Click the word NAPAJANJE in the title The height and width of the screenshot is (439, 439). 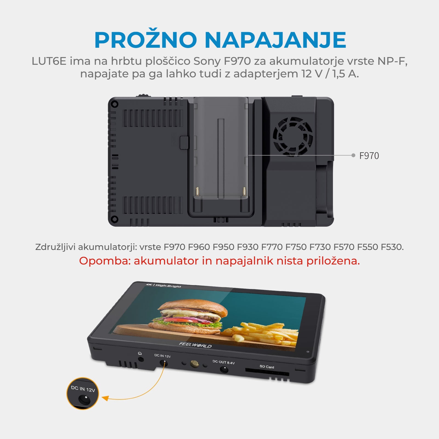[275, 40]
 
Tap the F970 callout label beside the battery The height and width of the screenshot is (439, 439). [369, 156]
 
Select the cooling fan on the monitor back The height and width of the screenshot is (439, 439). [293, 137]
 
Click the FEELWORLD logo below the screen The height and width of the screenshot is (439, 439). [195, 345]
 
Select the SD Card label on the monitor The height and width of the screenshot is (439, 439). [267, 367]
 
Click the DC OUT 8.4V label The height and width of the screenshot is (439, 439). [224, 362]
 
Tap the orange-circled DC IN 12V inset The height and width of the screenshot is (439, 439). [83, 393]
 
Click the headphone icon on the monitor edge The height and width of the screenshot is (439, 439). [140, 354]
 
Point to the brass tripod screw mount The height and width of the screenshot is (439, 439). [195, 364]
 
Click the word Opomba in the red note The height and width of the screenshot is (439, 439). [105, 261]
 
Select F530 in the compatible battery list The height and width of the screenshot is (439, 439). [392, 247]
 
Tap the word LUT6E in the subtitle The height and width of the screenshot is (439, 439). [49, 61]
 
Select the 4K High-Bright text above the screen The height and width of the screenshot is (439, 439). [164, 286]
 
